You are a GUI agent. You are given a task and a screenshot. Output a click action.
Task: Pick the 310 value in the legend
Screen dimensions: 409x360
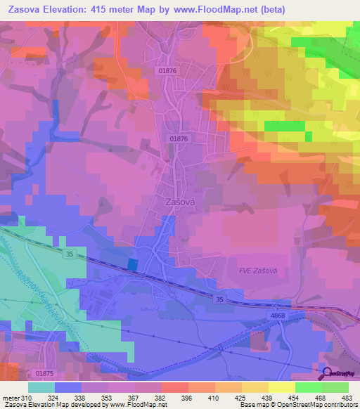click(27, 397)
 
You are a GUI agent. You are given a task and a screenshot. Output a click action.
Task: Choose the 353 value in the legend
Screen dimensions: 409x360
click(107, 397)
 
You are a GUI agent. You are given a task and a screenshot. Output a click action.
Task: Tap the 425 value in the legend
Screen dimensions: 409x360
click(241, 397)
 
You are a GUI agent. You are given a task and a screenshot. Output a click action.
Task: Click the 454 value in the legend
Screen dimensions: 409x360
click(295, 397)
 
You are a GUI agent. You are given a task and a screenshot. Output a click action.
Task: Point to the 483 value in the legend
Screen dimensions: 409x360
click(347, 397)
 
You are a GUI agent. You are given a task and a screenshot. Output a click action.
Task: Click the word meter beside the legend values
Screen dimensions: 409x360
click(10, 397)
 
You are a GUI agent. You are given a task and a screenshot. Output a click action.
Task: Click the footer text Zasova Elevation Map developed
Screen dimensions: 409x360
click(42, 405)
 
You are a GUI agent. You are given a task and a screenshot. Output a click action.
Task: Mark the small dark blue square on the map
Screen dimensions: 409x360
click(133, 263)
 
